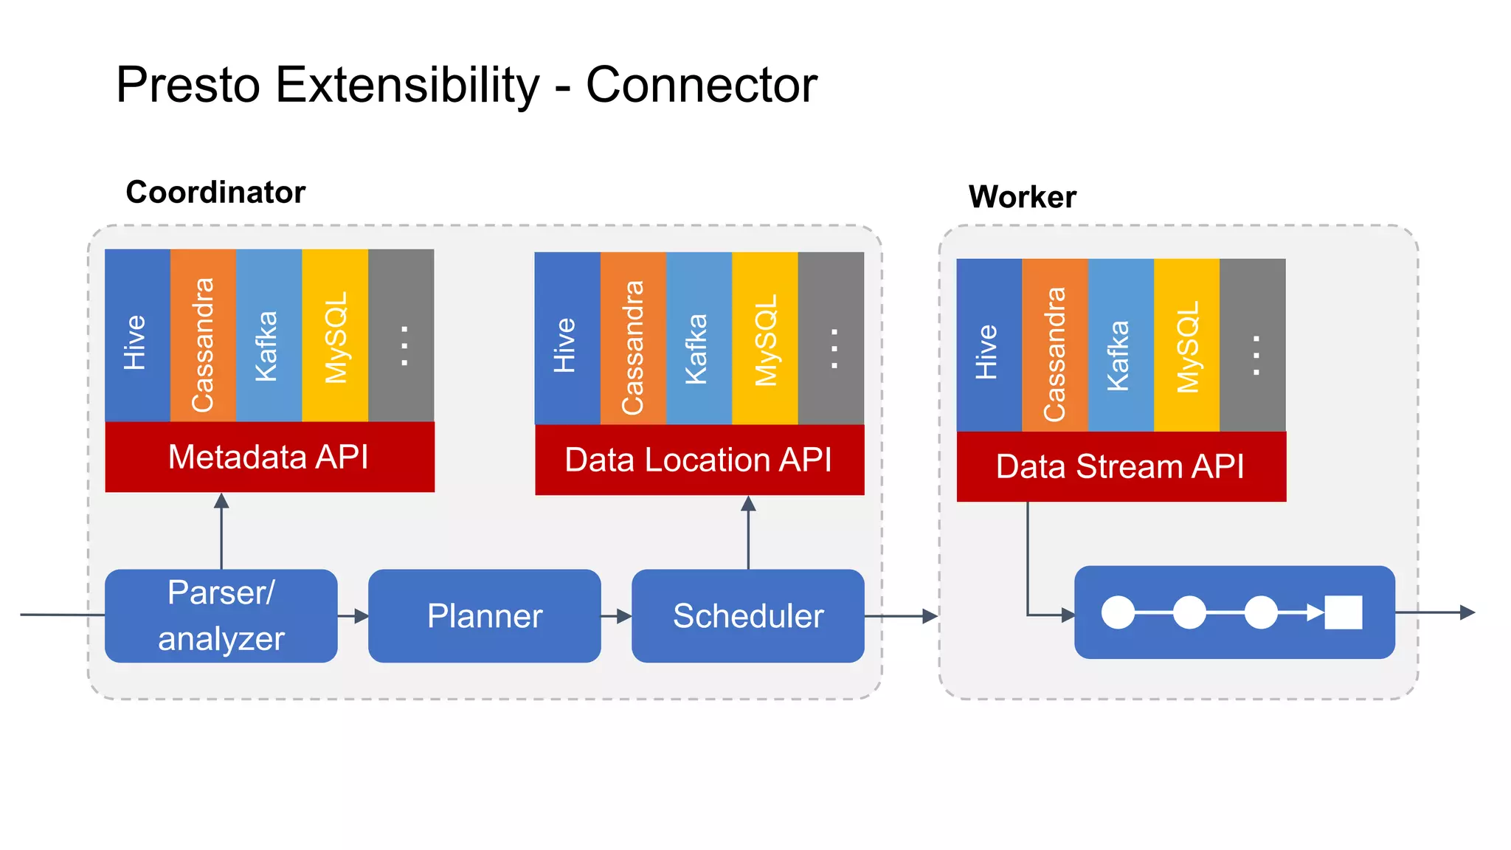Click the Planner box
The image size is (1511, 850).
pyautogui.click(x=484, y=615)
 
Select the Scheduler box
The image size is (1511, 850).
pyautogui.click(x=747, y=615)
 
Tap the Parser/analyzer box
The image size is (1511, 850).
pyautogui.click(x=221, y=615)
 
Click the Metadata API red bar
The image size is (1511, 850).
pyautogui.click(x=269, y=457)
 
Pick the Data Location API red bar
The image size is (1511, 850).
pyautogui.click(x=699, y=460)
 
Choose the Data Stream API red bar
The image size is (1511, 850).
pyautogui.click(x=1121, y=466)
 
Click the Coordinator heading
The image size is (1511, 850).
pyautogui.click(x=215, y=193)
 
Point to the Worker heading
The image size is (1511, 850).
pyautogui.click(x=1022, y=197)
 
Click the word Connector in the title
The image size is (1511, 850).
pyautogui.click(x=701, y=85)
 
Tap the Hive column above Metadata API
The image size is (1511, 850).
pyautogui.click(x=137, y=336)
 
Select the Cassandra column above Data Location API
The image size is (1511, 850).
pyautogui.click(x=633, y=339)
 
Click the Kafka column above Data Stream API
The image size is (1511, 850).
pyautogui.click(x=1121, y=345)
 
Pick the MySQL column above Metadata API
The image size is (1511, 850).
pyautogui.click(x=335, y=336)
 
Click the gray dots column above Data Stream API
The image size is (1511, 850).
pyautogui.click(x=1253, y=345)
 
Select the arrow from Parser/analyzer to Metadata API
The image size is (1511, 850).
pyautogui.click(x=221, y=531)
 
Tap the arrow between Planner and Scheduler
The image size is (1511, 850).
pyautogui.click(x=617, y=615)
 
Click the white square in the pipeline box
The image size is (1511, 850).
pyautogui.click(x=1343, y=612)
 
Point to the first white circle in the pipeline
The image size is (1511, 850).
pyautogui.click(x=1118, y=612)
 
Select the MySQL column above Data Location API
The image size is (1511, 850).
pyautogui.click(x=765, y=339)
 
